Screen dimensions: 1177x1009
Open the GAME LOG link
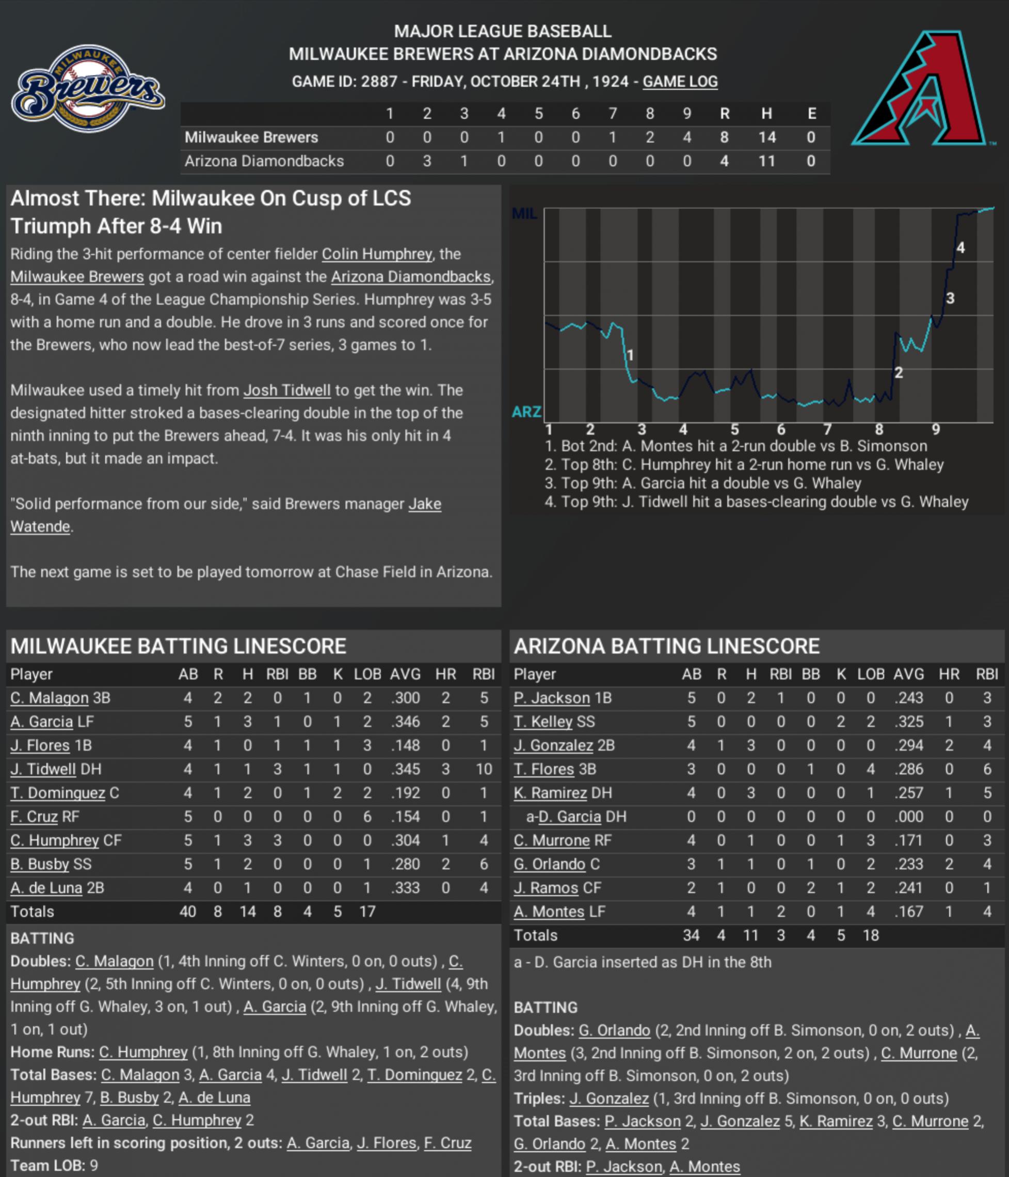(x=680, y=81)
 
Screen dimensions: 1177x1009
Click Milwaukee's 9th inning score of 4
(x=686, y=137)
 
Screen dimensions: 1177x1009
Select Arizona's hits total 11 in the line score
(x=766, y=161)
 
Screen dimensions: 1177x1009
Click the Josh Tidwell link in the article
(x=287, y=390)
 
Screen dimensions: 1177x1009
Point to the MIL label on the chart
(x=524, y=214)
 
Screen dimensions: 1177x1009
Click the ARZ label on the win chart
(x=526, y=411)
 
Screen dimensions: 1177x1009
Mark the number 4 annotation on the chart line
(x=960, y=248)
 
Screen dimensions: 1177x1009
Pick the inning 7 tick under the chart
(x=827, y=430)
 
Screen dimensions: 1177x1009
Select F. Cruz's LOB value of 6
(x=367, y=817)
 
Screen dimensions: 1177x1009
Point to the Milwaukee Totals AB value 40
(x=187, y=911)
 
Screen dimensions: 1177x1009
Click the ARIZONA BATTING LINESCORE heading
(x=667, y=646)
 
